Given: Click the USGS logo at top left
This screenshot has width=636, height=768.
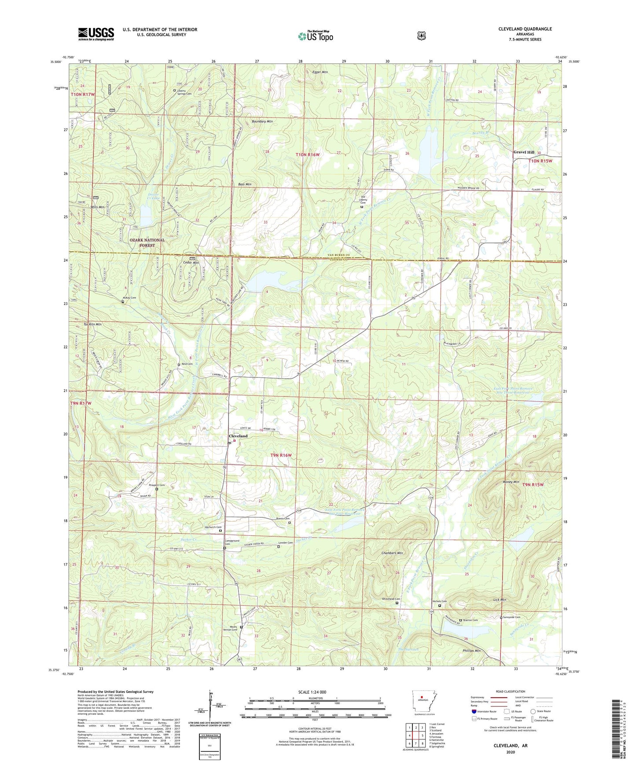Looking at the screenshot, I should [96, 34].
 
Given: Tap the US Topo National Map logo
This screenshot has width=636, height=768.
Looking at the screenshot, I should [315, 36].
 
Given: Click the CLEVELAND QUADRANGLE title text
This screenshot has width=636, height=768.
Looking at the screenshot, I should [525, 29].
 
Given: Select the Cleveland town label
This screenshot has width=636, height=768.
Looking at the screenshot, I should [238, 436].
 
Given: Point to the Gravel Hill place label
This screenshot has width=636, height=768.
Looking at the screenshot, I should [524, 152].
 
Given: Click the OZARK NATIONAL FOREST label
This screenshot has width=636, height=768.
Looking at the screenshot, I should [147, 242].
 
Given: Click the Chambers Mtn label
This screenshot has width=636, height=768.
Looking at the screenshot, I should [392, 553].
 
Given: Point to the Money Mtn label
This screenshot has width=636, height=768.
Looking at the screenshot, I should [511, 482].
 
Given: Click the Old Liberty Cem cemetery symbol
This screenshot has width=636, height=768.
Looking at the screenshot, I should [362, 206].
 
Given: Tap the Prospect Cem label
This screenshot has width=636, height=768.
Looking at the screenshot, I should [156, 485].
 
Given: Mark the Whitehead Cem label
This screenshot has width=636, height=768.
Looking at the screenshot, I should [391, 599].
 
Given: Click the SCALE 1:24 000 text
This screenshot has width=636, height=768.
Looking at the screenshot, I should [312, 692].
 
